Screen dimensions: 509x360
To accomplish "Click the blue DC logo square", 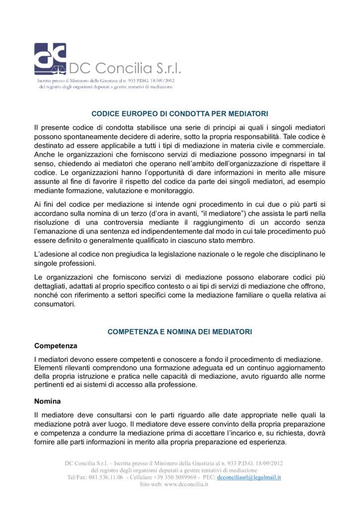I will pos(50,59).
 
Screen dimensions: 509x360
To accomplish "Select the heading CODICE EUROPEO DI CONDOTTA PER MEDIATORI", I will pos(180,113).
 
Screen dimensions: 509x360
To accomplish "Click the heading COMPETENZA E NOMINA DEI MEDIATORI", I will pos(180,332).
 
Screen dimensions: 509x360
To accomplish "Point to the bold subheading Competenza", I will pos(56,345).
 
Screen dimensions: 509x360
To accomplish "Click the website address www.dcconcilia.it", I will pos(185,484).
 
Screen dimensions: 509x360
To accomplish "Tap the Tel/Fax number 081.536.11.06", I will pos(106,477).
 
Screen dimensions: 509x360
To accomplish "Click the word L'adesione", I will pos(52,254).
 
